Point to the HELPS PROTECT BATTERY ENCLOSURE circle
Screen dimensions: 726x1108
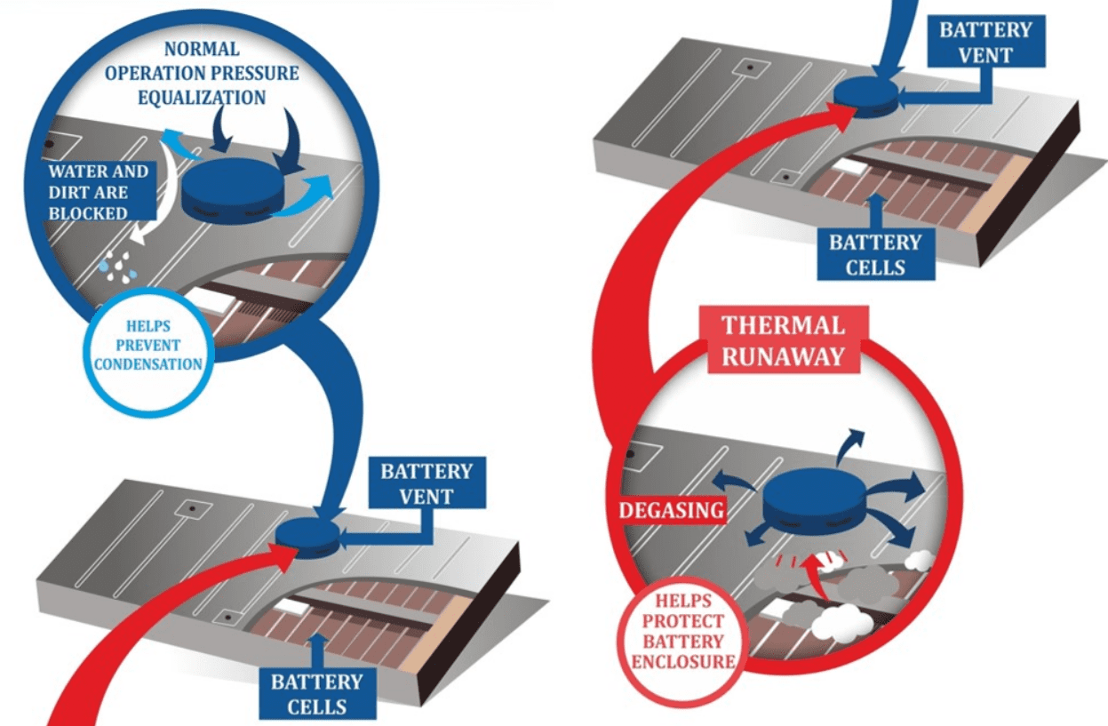pyautogui.click(x=683, y=630)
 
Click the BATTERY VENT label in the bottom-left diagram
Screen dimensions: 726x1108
pyautogui.click(x=426, y=483)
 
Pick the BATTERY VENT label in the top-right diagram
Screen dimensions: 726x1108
pyautogui.click(x=986, y=42)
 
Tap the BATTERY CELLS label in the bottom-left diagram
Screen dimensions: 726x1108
pyautogui.click(x=316, y=694)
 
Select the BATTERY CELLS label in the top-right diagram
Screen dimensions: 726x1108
pyautogui.click(x=875, y=254)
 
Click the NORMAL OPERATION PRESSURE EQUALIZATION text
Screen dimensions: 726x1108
pyautogui.click(x=201, y=73)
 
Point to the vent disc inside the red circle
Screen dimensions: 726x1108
pyautogui.click(x=813, y=502)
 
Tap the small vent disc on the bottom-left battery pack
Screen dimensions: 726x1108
pyautogui.click(x=307, y=535)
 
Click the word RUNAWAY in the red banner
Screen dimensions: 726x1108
pyautogui.click(x=782, y=355)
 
